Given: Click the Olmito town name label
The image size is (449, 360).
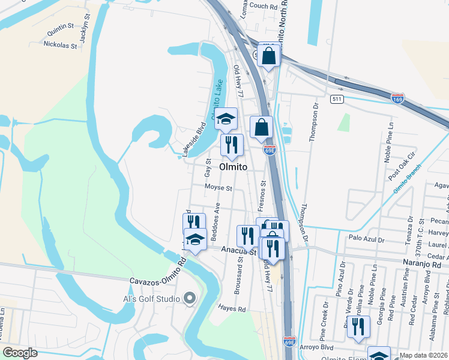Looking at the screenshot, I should (233, 167).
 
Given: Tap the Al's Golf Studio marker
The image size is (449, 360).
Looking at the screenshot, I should (190, 298).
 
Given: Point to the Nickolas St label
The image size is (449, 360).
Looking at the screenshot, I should (61, 44).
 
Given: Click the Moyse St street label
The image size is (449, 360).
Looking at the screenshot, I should (218, 188).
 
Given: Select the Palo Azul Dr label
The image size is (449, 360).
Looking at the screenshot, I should (366, 238).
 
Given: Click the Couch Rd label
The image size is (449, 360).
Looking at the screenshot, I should (263, 5).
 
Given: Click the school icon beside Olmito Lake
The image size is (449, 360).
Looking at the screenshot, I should (226, 118).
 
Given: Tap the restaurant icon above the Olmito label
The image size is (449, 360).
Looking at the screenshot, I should (231, 144).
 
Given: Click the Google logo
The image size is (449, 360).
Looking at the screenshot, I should (20, 353).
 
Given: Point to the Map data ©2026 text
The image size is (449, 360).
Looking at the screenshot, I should (423, 355).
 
